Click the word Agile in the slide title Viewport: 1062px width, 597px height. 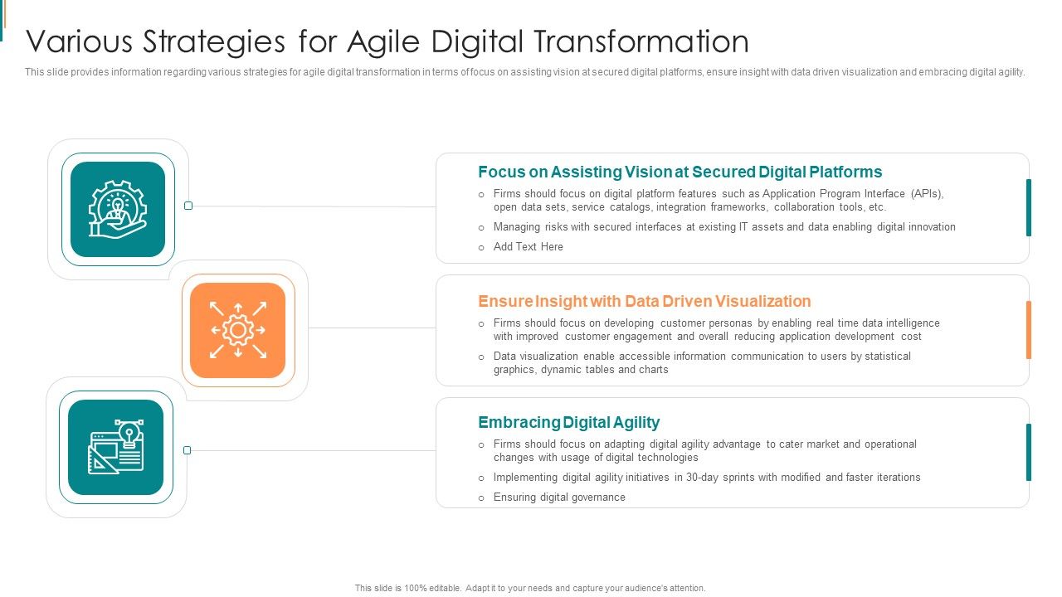(x=379, y=41)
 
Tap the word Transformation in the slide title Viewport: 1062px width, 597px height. (x=640, y=41)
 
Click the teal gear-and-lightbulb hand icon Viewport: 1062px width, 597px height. (x=118, y=209)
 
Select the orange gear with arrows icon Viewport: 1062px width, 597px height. (x=238, y=330)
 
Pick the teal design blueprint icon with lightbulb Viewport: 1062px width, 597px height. (x=116, y=447)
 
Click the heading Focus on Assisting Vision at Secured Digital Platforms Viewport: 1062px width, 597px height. (x=680, y=172)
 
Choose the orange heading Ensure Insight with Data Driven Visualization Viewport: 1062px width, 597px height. (x=644, y=301)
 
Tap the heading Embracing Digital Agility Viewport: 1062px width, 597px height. (x=568, y=422)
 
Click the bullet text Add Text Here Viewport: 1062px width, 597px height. (x=528, y=247)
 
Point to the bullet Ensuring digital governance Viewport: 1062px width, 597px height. (x=559, y=498)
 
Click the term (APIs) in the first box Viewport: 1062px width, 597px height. (x=927, y=194)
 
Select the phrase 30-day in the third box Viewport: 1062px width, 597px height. (x=703, y=478)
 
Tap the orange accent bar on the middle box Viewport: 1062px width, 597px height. (x=1029, y=330)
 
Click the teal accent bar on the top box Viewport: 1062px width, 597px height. (x=1029, y=207)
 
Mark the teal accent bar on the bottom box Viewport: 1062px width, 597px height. (x=1029, y=452)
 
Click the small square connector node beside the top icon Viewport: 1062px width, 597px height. (x=188, y=206)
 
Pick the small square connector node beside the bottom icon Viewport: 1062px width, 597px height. (x=187, y=450)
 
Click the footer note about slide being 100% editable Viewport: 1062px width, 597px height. (x=530, y=588)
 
